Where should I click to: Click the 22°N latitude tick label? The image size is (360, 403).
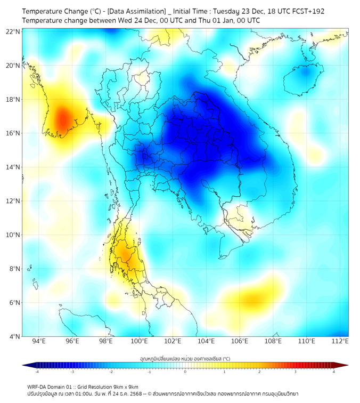(13, 31)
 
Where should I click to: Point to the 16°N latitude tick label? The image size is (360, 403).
(13, 133)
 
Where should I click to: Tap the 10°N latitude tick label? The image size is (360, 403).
(13, 235)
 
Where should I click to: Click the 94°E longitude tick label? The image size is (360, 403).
(39, 341)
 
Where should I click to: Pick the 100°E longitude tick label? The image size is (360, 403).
(140, 341)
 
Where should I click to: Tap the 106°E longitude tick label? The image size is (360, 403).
(240, 341)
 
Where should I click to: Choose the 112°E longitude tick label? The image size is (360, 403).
(340, 341)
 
